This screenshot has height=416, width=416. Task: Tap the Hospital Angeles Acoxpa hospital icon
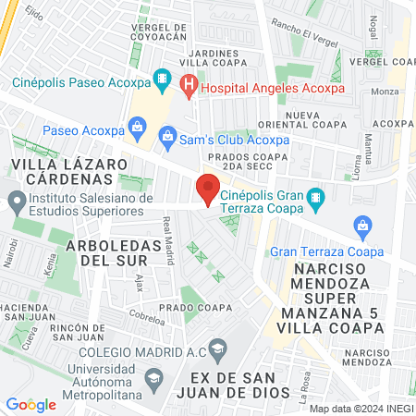tap(189, 87)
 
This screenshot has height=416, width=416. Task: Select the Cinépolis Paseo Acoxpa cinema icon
tap(161, 81)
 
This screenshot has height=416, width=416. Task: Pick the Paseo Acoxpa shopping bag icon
tap(137, 125)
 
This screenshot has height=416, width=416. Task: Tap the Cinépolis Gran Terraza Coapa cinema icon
tap(315, 197)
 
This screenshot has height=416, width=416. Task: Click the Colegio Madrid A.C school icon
tap(218, 349)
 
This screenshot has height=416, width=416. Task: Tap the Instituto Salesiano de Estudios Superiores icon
tap(16, 199)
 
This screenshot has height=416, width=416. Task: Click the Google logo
tap(31, 404)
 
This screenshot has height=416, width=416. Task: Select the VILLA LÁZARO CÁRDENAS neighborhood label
tap(68, 172)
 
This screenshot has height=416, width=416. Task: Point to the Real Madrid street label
tap(168, 241)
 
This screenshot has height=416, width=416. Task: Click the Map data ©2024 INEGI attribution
tap(361, 408)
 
